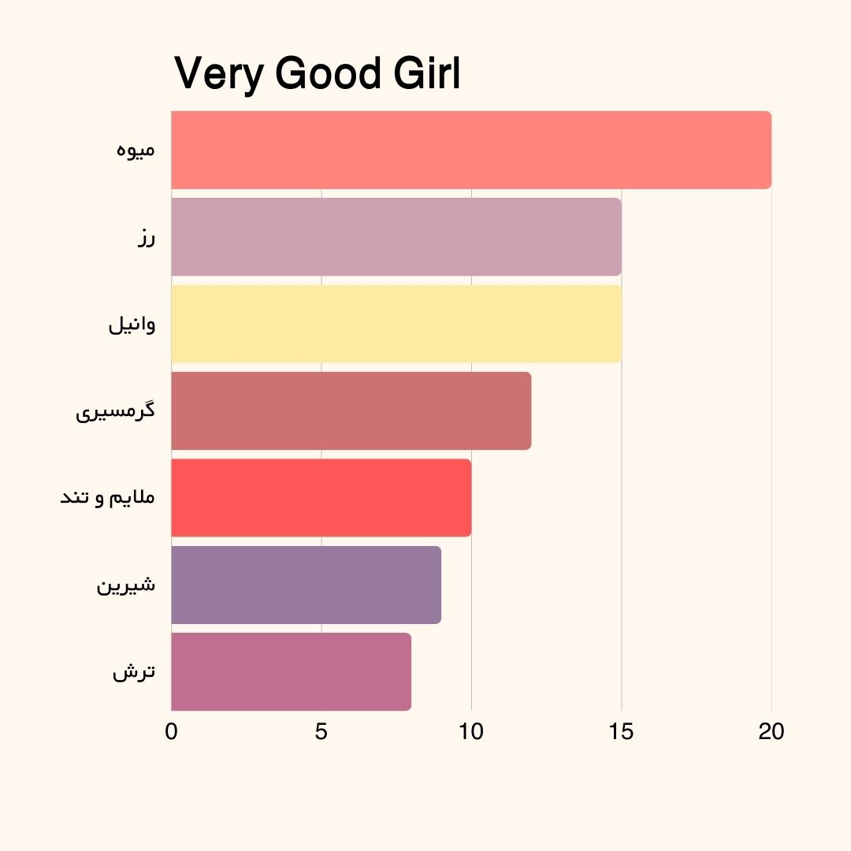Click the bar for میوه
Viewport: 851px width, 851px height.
pyautogui.click(x=471, y=150)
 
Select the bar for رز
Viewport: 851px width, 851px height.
pyautogui.click(x=396, y=237)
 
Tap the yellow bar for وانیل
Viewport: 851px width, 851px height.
pyautogui.click(x=396, y=324)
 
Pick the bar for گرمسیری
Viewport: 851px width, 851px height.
pyautogui.click(x=351, y=411)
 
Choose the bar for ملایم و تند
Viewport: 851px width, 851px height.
pyautogui.click(x=321, y=498)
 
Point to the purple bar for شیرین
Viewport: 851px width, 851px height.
pyautogui.click(x=306, y=585)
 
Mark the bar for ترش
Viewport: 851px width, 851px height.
pyautogui.click(x=291, y=671)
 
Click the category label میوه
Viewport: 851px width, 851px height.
pyautogui.click(x=136, y=150)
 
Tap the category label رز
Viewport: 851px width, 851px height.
pyautogui.click(x=145, y=238)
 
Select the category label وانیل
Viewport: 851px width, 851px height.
pyautogui.click(x=132, y=325)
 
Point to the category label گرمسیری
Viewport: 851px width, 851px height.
pyautogui.click(x=115, y=412)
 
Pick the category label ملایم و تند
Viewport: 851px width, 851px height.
pyautogui.click(x=108, y=499)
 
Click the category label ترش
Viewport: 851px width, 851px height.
pyautogui.click(x=134, y=672)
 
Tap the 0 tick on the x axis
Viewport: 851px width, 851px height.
pyautogui.click(x=171, y=732)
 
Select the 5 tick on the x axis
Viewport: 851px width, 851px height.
pyautogui.click(x=321, y=732)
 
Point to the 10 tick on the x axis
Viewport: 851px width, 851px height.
pyautogui.click(x=471, y=732)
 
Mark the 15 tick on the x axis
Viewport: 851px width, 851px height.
pyautogui.click(x=621, y=732)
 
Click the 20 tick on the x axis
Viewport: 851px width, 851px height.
pyautogui.click(x=771, y=732)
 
